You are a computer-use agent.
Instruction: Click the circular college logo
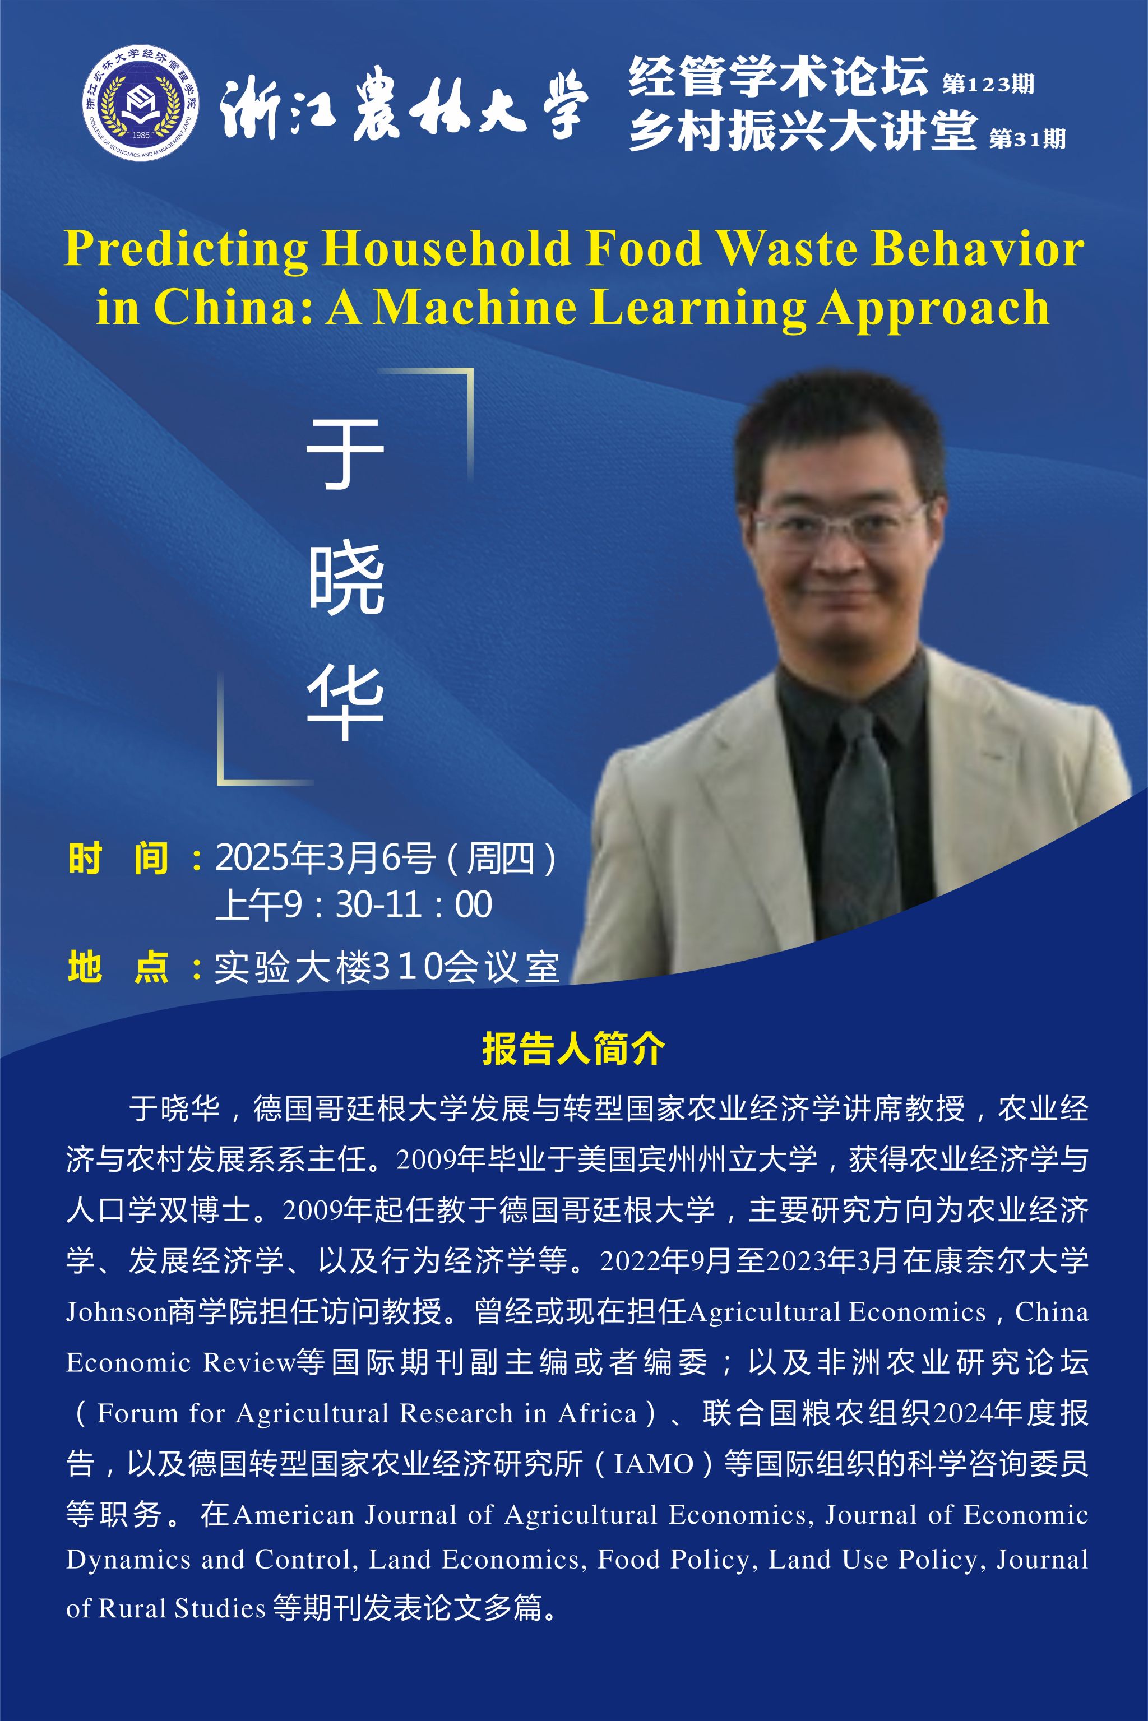[140, 103]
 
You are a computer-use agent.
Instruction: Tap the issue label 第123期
[988, 84]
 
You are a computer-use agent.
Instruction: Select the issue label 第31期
[1027, 138]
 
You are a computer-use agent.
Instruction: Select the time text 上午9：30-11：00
[354, 905]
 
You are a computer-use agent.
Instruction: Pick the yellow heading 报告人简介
[573, 1049]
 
